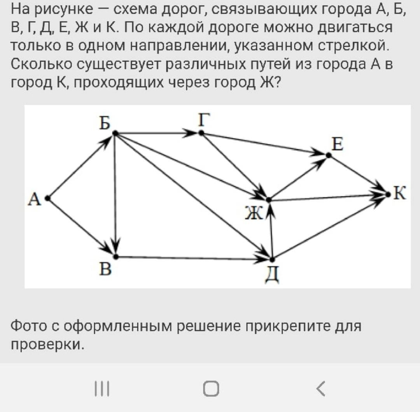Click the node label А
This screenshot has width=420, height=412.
tap(35, 199)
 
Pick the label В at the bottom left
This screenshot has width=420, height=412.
tap(105, 268)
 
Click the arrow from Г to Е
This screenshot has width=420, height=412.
tap(264, 144)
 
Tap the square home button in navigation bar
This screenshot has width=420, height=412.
tap(211, 388)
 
